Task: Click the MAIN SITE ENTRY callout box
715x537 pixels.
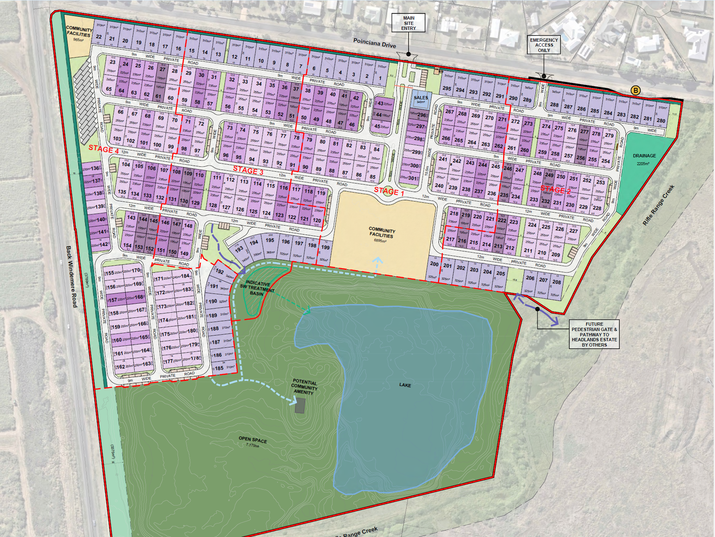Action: click(408, 23)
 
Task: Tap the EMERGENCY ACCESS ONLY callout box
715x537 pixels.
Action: click(544, 45)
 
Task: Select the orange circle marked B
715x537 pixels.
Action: click(636, 90)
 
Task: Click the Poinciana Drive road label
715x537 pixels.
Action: click(375, 43)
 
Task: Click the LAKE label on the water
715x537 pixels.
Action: click(405, 385)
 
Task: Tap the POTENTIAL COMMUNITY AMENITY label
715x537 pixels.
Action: click(304, 387)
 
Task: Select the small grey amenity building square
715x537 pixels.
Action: click(300, 405)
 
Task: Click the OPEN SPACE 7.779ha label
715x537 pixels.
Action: click(253, 441)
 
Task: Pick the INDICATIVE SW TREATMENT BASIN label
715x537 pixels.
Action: click(257, 288)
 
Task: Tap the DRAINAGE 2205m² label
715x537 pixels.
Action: click(644, 159)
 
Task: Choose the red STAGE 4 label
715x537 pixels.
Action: click(103, 149)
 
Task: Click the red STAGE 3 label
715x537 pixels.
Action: click(248, 170)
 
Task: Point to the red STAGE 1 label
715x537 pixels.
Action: click(389, 191)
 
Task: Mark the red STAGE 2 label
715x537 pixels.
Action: click(555, 189)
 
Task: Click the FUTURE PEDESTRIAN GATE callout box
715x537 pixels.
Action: click(594, 334)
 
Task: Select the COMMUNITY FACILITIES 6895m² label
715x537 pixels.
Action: click(381, 235)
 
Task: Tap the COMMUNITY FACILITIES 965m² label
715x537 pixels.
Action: click(79, 34)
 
